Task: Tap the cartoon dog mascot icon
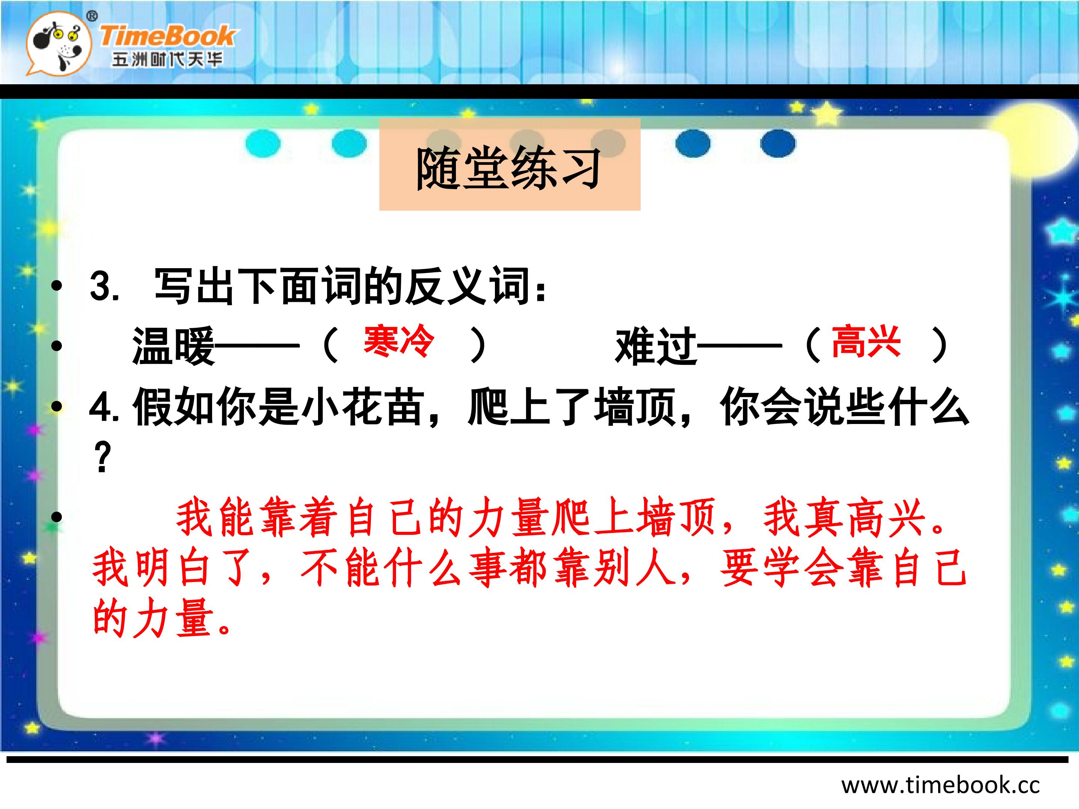point(58,44)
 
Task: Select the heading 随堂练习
point(508,168)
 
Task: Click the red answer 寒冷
point(399,341)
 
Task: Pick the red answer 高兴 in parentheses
point(866,341)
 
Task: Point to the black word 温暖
point(174,346)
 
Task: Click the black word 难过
point(656,346)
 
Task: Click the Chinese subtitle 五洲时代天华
point(167,60)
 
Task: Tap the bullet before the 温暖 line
point(57,346)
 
